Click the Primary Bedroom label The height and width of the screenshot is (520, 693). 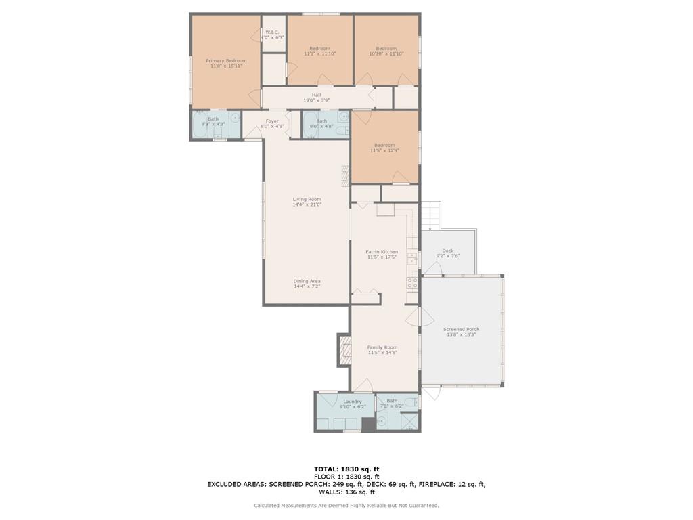226,64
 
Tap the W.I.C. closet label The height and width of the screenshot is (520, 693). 272,35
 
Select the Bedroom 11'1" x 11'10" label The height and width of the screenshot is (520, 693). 319,51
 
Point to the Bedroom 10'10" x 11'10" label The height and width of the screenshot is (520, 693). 386,51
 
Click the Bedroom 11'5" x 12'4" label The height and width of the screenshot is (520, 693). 384,148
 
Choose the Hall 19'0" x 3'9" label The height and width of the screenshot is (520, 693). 316,97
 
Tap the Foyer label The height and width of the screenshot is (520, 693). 272,123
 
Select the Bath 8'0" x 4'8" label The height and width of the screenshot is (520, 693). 321,123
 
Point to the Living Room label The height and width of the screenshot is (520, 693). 307,202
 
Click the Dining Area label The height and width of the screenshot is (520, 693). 307,284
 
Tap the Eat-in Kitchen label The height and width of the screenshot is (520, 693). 382,254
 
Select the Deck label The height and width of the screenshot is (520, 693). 448,253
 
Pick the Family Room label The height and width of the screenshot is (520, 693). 382,350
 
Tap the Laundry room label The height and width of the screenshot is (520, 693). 352,404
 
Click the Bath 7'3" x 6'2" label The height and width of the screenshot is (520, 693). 392,403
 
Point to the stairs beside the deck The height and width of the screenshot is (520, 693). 431,215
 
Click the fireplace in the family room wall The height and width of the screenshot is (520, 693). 345,350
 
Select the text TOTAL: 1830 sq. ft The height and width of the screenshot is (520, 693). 346,469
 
